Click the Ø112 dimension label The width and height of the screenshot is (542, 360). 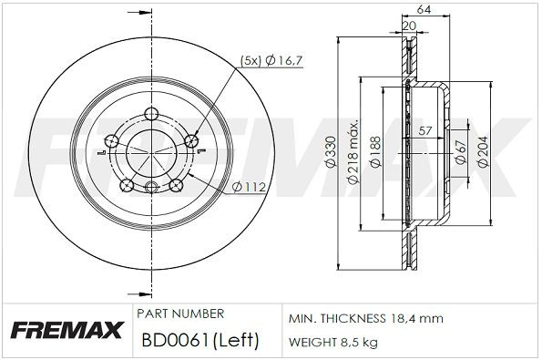tap(248, 188)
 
